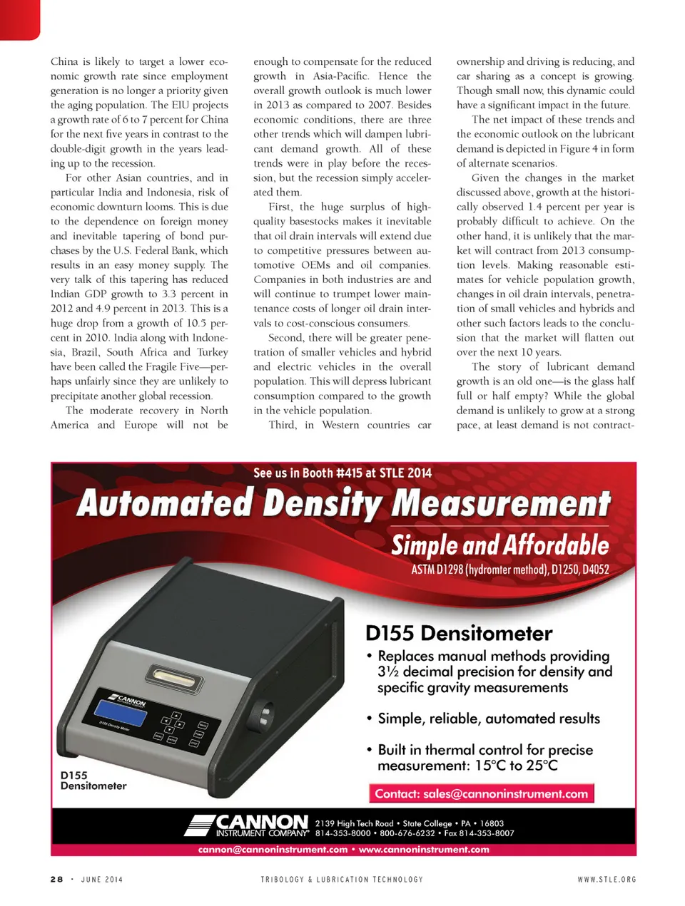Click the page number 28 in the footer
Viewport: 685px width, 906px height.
point(56,879)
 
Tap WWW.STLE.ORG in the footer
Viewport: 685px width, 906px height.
point(607,879)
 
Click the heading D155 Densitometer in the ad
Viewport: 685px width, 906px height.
point(459,633)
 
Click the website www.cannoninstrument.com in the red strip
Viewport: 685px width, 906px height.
point(424,849)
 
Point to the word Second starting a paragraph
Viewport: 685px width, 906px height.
point(286,337)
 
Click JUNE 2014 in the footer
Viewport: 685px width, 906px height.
point(102,879)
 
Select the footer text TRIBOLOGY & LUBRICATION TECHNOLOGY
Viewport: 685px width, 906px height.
point(342,879)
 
